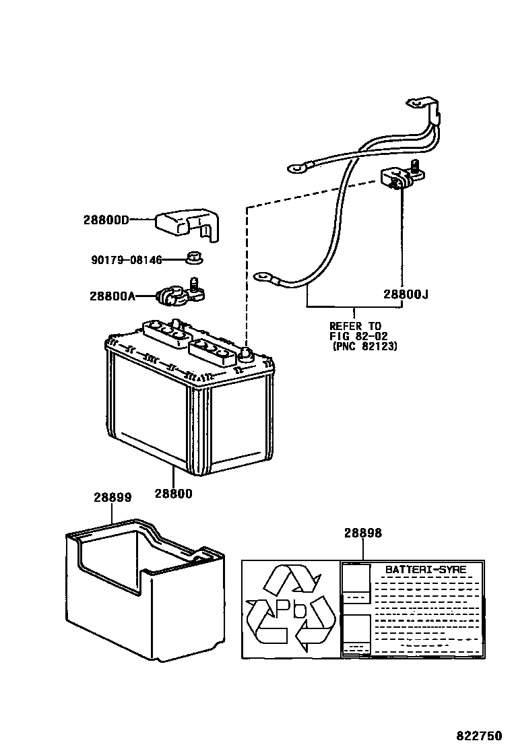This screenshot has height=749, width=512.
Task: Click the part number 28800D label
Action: (x=106, y=220)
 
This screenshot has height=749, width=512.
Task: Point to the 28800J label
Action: (x=406, y=294)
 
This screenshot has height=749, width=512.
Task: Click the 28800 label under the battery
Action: (x=173, y=493)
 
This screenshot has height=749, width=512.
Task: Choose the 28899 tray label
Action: (x=112, y=497)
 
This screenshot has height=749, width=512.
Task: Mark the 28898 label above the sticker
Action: (x=363, y=532)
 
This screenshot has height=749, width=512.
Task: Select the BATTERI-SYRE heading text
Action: (x=425, y=569)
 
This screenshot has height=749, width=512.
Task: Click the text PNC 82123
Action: (x=364, y=346)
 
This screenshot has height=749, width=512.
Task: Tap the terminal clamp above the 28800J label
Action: (x=400, y=177)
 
